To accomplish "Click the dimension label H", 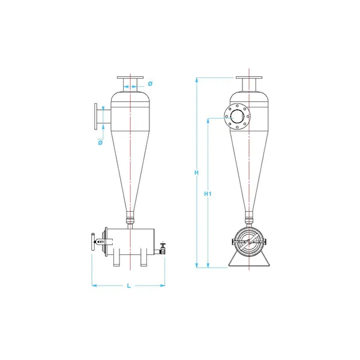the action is pos(196,173).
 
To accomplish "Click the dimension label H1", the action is pos(208,194).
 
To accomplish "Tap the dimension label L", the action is pos(129,286).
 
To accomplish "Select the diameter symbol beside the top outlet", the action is pos(150,83).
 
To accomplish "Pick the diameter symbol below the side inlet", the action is pos(100,143).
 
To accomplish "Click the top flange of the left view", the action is pos(130,77).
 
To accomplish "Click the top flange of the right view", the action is pos(249,77).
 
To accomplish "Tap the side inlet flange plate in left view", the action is pos(95,116).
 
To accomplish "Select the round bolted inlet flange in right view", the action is pos(238,116).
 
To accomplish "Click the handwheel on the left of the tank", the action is pos(93,242).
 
